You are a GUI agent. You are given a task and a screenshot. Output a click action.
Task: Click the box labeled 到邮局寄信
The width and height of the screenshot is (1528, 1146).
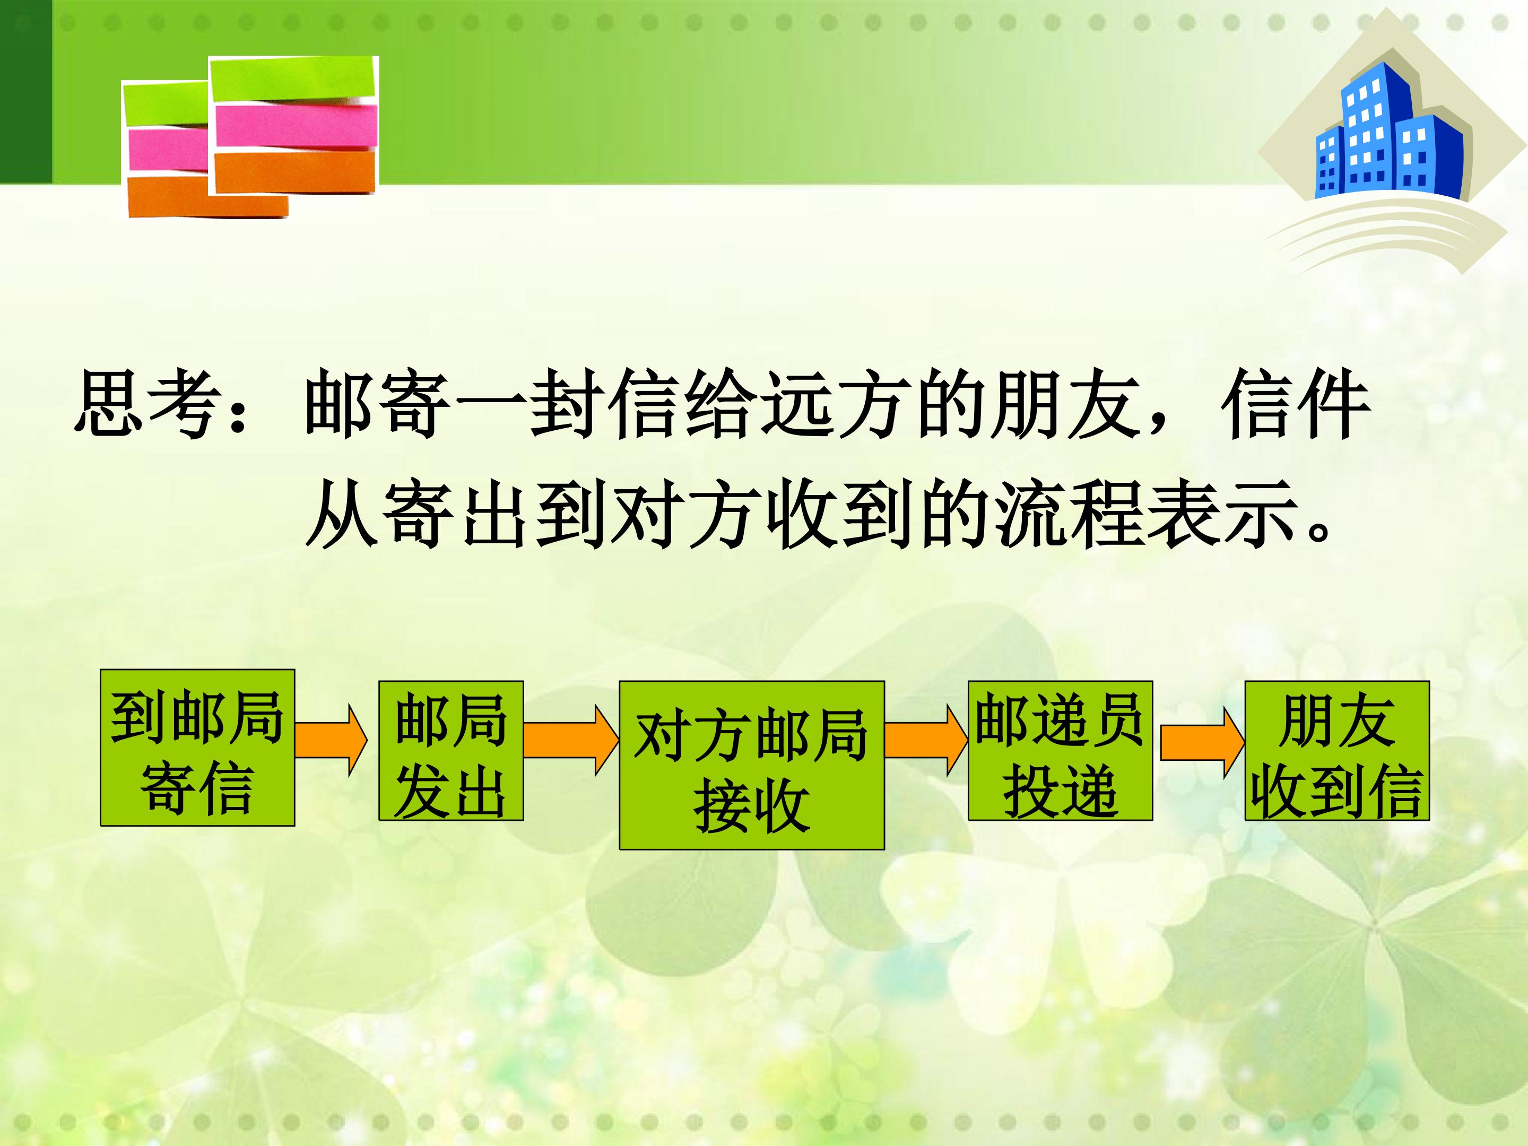(197, 748)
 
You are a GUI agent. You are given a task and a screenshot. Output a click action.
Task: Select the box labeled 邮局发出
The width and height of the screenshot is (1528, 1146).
(451, 751)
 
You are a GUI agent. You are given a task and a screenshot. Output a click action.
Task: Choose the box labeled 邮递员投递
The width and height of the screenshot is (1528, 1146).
(1061, 751)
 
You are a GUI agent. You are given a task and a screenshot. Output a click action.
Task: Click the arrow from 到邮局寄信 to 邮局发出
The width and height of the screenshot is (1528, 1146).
(332, 741)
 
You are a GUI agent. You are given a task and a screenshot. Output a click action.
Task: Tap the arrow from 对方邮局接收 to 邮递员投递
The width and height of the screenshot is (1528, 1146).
(926, 741)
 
